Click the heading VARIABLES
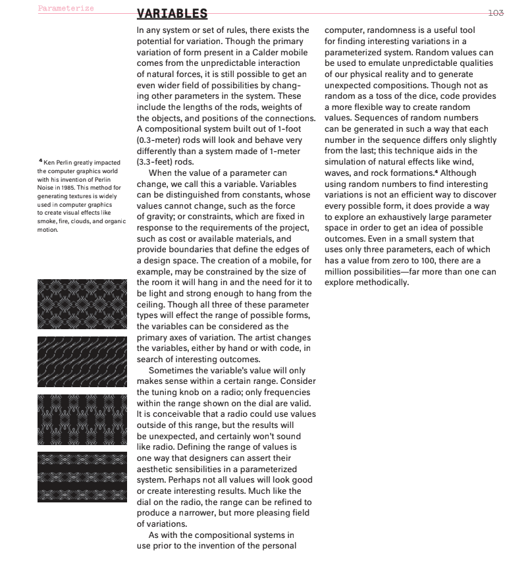point(172,14)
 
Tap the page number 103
point(494,12)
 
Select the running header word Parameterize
point(66,8)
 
